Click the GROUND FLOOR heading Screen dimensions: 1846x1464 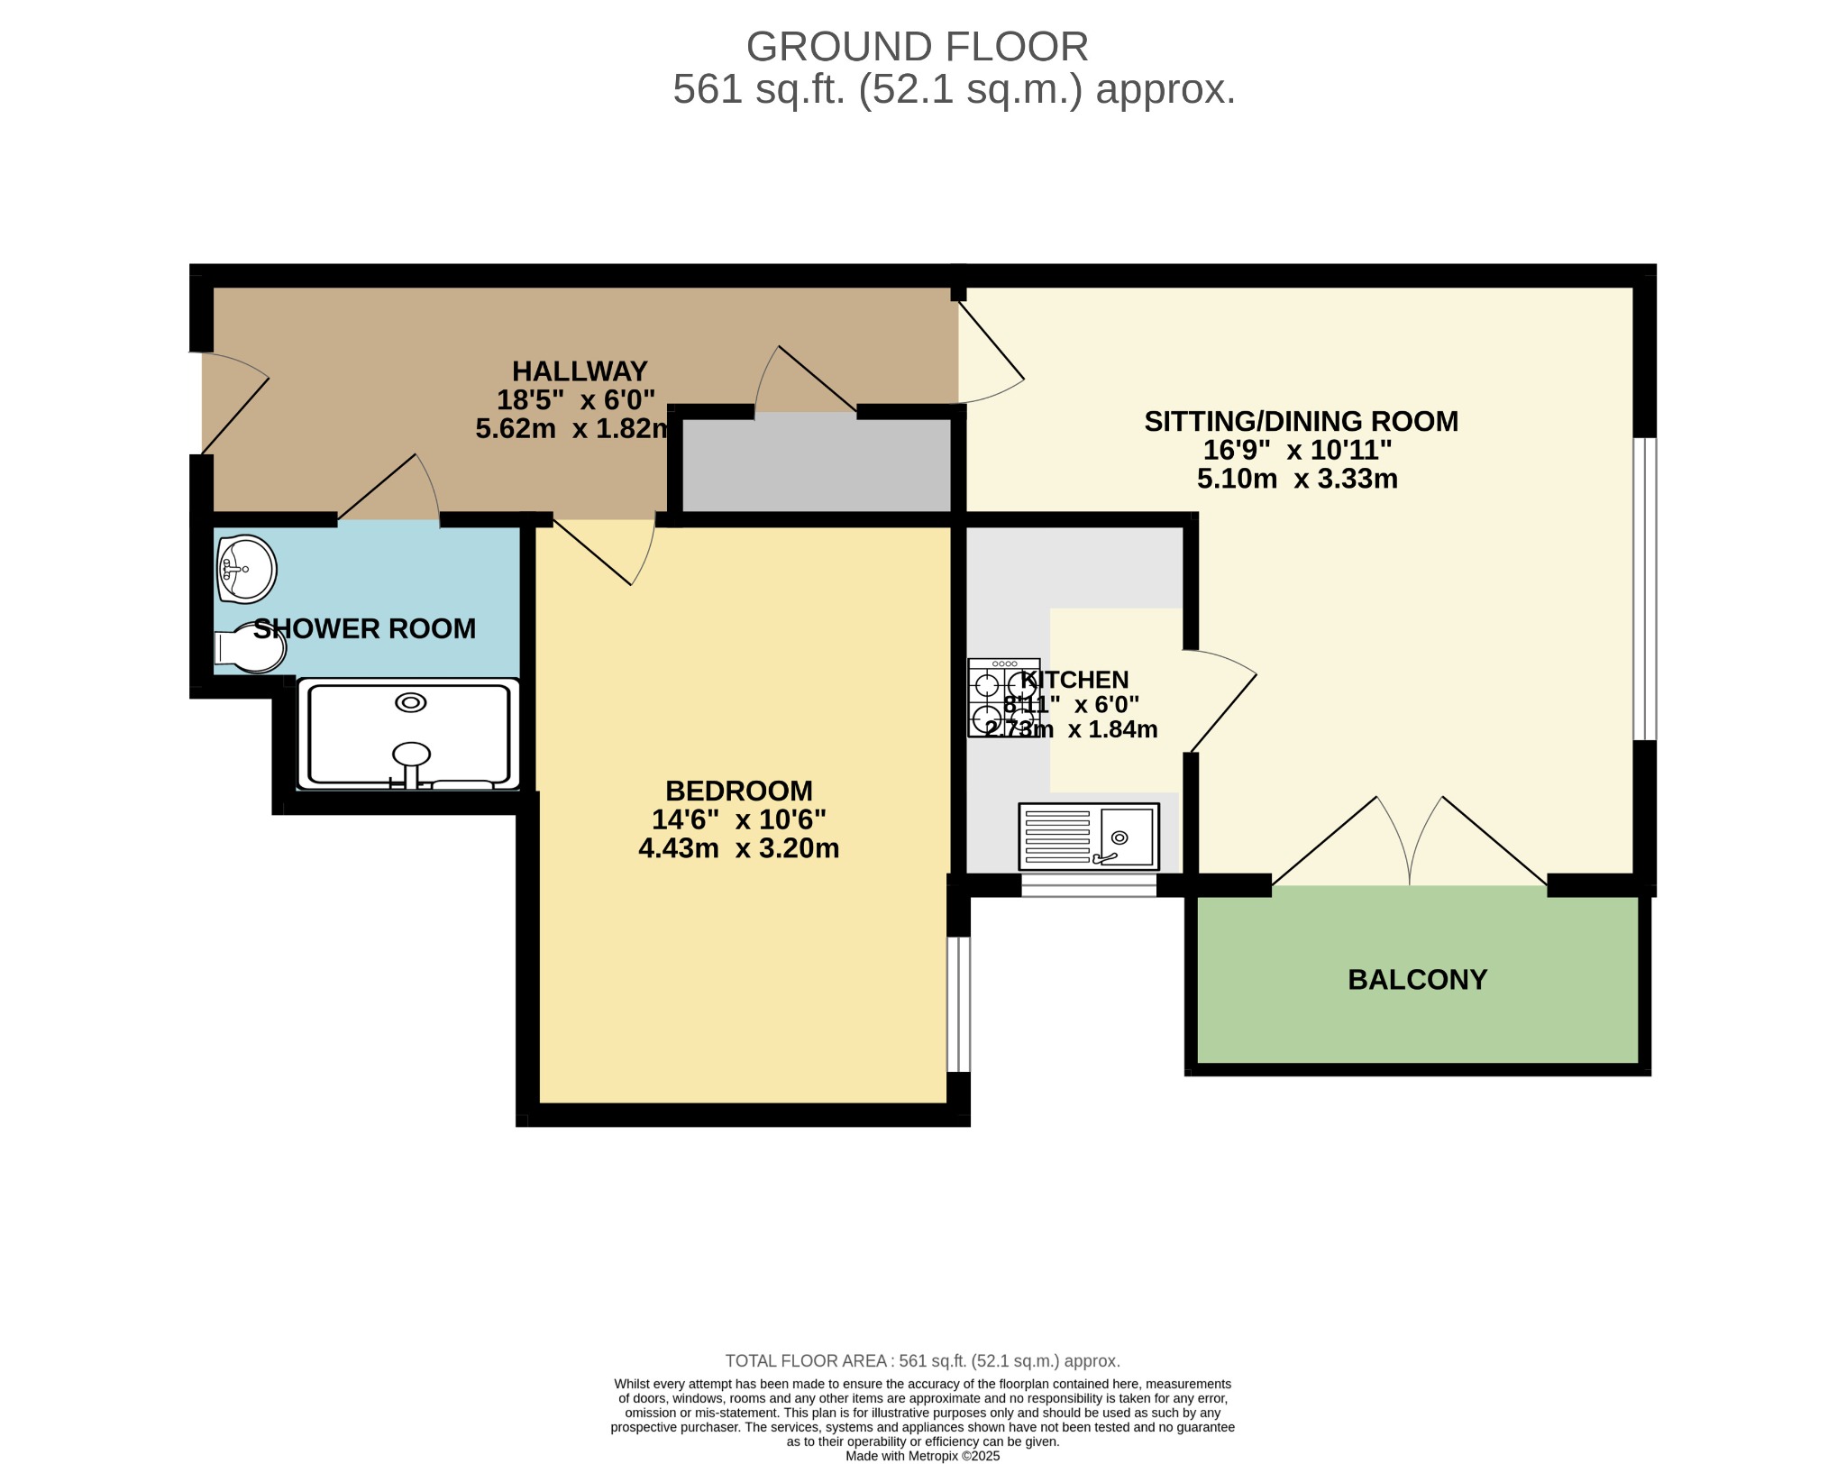[917, 47]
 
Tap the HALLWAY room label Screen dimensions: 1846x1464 [580, 371]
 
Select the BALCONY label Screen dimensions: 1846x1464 [1417, 979]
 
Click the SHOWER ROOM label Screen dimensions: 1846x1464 [364, 628]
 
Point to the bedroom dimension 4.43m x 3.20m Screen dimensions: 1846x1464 [739, 848]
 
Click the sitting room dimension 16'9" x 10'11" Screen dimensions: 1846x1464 [1298, 449]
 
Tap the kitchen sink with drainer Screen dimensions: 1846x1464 [1089, 837]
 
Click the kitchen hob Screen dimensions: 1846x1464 [1003, 698]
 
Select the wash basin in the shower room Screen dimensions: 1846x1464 [245, 569]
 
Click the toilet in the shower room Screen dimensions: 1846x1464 [250, 648]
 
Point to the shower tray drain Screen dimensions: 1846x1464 [411, 702]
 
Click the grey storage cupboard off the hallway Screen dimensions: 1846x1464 [817, 463]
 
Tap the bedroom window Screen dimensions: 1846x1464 [958, 1004]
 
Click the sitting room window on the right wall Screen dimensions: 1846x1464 [1645, 589]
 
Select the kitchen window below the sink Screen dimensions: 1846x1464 [1089, 885]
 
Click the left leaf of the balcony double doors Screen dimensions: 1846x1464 [1340, 841]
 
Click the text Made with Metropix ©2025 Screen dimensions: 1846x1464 [923, 1456]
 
